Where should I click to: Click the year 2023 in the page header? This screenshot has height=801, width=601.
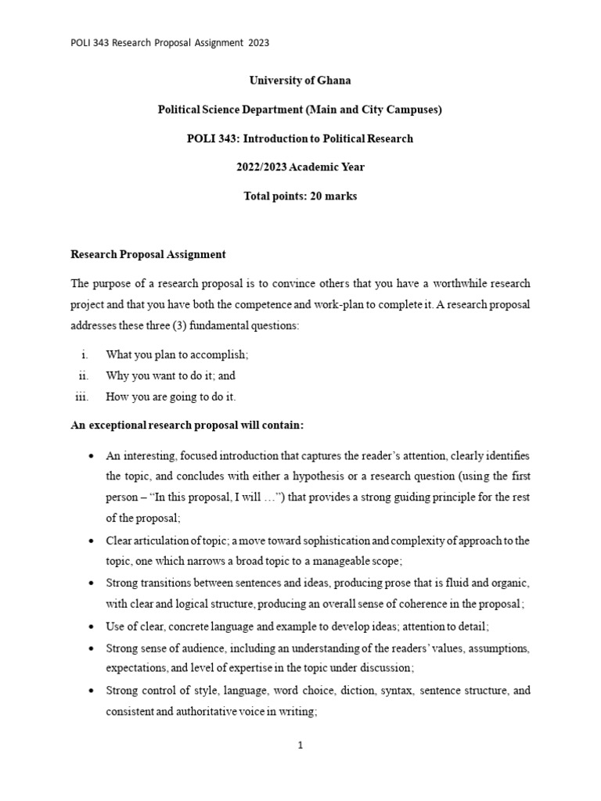[x=259, y=43]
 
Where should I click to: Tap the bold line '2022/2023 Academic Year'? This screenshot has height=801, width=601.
[x=300, y=167]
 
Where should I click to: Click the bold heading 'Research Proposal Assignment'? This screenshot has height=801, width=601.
[x=148, y=254]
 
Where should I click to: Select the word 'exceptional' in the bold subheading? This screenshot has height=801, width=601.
[x=124, y=426]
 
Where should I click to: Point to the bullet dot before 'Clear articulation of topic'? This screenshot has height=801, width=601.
[x=93, y=541]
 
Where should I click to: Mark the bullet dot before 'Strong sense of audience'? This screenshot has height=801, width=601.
[x=93, y=648]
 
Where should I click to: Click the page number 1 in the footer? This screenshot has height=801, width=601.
[x=300, y=745]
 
